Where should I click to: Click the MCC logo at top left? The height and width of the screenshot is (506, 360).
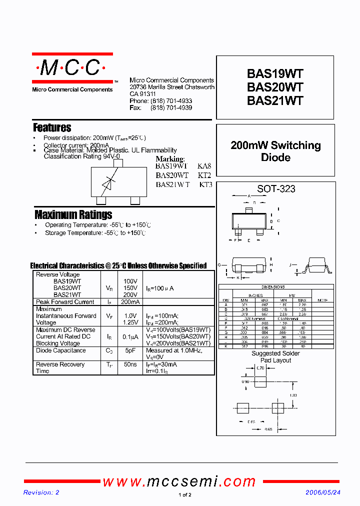click(72, 68)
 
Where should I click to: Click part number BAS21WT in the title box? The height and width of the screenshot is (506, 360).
click(275, 100)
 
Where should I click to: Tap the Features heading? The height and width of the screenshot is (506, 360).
click(52, 127)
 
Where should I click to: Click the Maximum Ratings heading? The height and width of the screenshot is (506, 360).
click(73, 215)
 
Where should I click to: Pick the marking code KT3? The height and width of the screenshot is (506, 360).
click(205, 184)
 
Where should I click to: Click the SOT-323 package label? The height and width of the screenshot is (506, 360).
click(276, 189)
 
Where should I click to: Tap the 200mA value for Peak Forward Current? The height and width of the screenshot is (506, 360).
click(130, 302)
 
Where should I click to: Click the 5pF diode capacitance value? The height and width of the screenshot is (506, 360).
click(130, 350)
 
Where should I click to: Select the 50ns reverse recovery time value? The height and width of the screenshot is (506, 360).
click(130, 364)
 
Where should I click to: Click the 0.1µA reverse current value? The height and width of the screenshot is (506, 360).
click(130, 337)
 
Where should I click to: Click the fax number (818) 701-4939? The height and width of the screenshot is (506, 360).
click(171, 107)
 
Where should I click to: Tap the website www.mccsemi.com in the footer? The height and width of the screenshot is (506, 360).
click(179, 481)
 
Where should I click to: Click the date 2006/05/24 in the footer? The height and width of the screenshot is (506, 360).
click(323, 492)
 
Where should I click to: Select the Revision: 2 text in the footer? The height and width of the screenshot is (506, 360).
click(41, 492)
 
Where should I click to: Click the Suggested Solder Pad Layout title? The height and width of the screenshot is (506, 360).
click(275, 357)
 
